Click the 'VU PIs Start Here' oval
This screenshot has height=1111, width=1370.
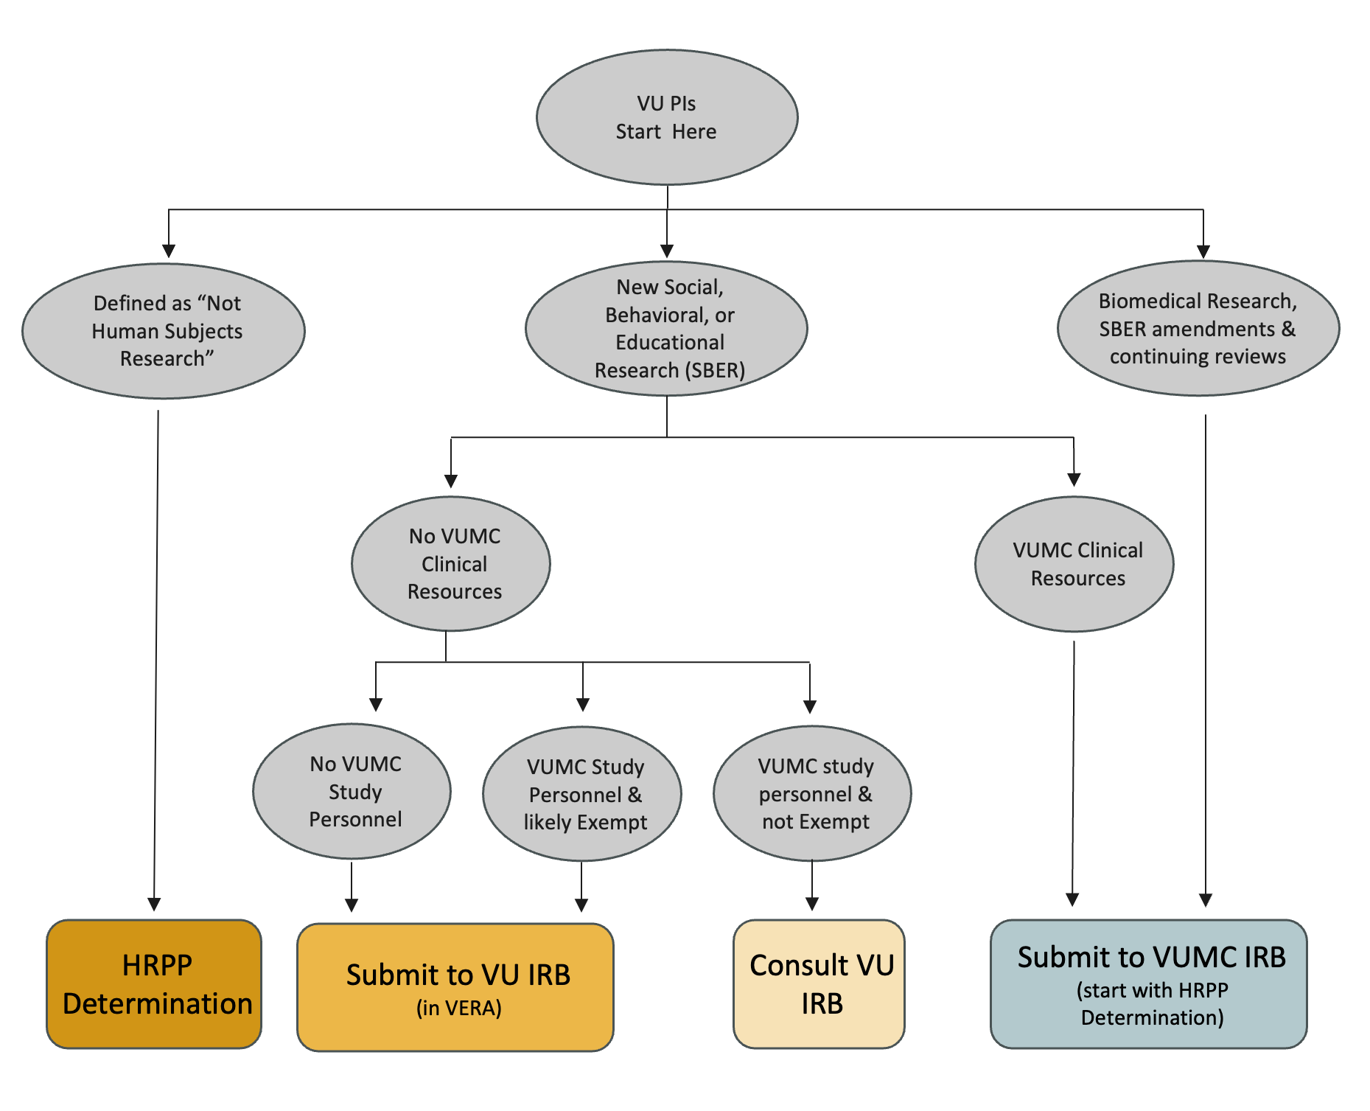coord(666,117)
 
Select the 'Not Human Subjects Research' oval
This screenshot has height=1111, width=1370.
coord(164,331)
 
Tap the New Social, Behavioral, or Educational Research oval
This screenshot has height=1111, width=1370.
coord(666,329)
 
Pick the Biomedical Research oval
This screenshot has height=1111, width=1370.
coord(1198,329)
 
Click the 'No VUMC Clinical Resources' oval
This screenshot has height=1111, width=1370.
coord(451,564)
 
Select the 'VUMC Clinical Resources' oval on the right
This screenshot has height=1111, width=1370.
coord(1074,564)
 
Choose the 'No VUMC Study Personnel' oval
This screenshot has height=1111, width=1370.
coord(352,791)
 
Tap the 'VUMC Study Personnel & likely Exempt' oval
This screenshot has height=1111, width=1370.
coord(582,794)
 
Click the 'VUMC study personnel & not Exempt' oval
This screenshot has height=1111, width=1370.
coord(812,793)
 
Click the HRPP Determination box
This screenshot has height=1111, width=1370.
coord(154,983)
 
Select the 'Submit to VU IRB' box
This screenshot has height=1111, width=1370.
coord(455,986)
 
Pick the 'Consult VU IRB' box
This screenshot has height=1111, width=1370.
coord(819,983)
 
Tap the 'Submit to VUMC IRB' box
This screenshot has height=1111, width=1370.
coord(1148,983)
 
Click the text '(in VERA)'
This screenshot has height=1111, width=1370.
coord(458,1008)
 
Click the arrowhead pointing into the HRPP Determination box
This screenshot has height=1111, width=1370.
coord(154,905)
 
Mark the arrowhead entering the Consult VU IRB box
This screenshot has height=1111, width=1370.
coord(812,904)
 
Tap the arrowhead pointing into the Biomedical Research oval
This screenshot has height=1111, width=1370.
coord(1203,251)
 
